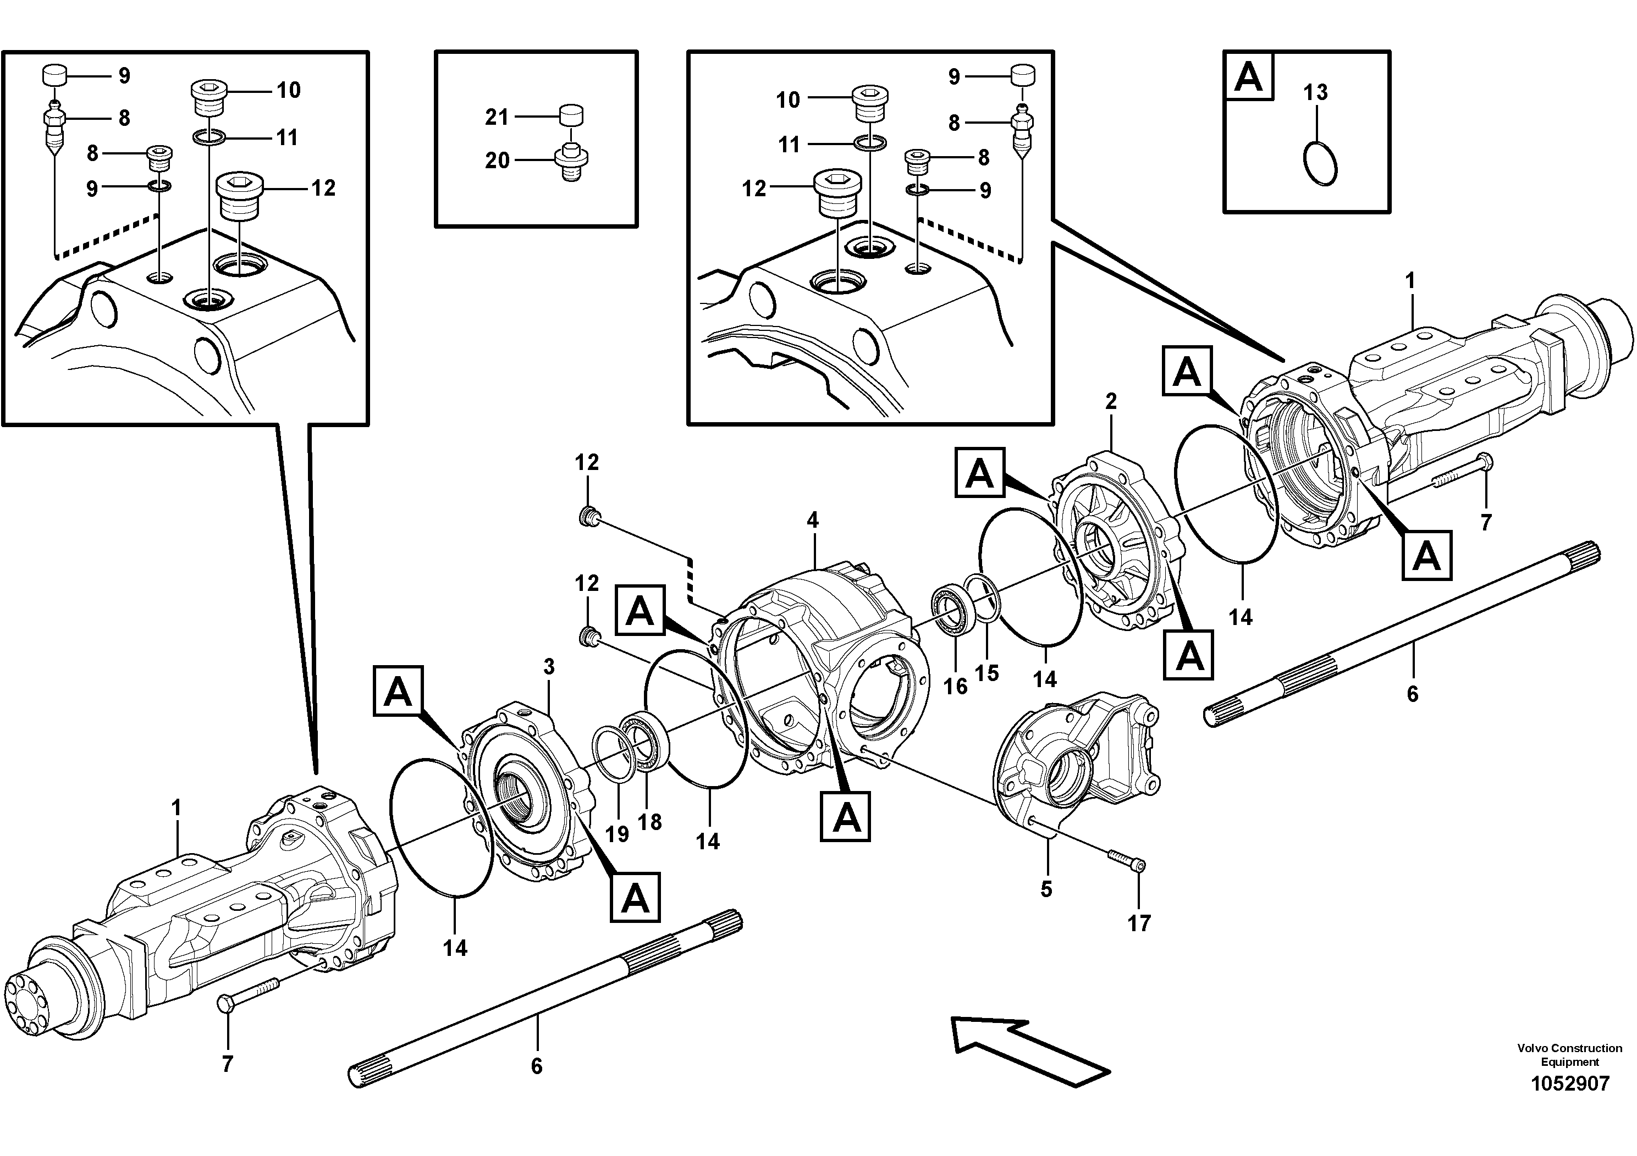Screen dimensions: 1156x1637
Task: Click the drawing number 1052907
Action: click(x=1569, y=1083)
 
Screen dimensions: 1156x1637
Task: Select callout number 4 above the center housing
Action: click(x=813, y=519)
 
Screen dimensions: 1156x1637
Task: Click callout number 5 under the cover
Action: click(x=1046, y=889)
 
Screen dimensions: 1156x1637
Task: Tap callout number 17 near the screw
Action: click(x=1139, y=923)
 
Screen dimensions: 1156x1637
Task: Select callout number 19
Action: click(x=617, y=833)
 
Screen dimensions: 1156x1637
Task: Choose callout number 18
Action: click(x=649, y=822)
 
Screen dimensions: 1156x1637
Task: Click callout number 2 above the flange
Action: click(x=1111, y=401)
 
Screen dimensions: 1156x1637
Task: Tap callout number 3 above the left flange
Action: click(x=548, y=667)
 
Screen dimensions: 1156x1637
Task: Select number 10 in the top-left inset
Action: click(x=289, y=91)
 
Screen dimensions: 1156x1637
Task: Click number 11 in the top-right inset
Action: click(x=789, y=145)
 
